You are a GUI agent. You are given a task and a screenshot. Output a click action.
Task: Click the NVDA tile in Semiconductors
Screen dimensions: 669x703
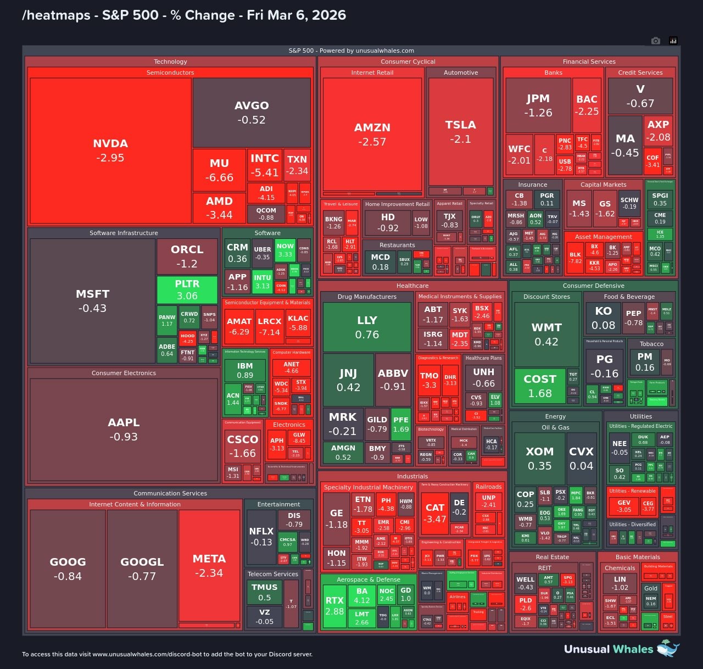tap(110, 150)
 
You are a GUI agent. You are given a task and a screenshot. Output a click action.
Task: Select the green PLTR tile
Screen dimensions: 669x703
tap(187, 289)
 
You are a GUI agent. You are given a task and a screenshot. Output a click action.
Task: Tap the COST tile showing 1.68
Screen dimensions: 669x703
tap(540, 386)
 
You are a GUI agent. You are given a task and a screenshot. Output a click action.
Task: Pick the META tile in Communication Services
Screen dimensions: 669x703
tap(209, 566)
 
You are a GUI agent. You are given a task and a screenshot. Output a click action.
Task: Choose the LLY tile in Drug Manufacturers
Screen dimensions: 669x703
tap(367, 327)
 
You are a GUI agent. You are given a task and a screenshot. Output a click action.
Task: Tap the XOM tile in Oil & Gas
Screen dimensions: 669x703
tap(539, 458)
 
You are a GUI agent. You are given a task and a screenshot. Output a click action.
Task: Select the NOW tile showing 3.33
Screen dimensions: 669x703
tap(285, 250)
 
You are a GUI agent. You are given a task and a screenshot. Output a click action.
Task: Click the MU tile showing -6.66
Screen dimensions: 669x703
tap(219, 170)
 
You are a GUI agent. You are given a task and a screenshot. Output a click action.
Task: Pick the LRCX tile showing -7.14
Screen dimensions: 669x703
tap(270, 326)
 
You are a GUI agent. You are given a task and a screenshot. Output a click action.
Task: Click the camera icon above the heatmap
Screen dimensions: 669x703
tap(655, 41)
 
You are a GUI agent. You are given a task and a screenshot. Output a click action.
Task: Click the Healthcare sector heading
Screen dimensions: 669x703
tap(412, 286)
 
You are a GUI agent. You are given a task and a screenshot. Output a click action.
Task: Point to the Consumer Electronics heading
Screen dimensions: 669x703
tap(124, 373)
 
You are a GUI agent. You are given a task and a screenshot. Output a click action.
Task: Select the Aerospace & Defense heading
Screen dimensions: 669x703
tap(369, 579)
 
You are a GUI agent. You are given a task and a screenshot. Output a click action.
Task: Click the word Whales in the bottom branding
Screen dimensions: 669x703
tap(633, 649)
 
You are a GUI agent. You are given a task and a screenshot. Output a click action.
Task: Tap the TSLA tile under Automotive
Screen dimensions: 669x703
tap(460, 132)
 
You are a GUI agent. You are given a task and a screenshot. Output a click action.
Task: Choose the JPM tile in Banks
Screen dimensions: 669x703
tap(538, 105)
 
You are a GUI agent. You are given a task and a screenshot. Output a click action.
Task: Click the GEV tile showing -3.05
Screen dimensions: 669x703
tap(624, 505)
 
